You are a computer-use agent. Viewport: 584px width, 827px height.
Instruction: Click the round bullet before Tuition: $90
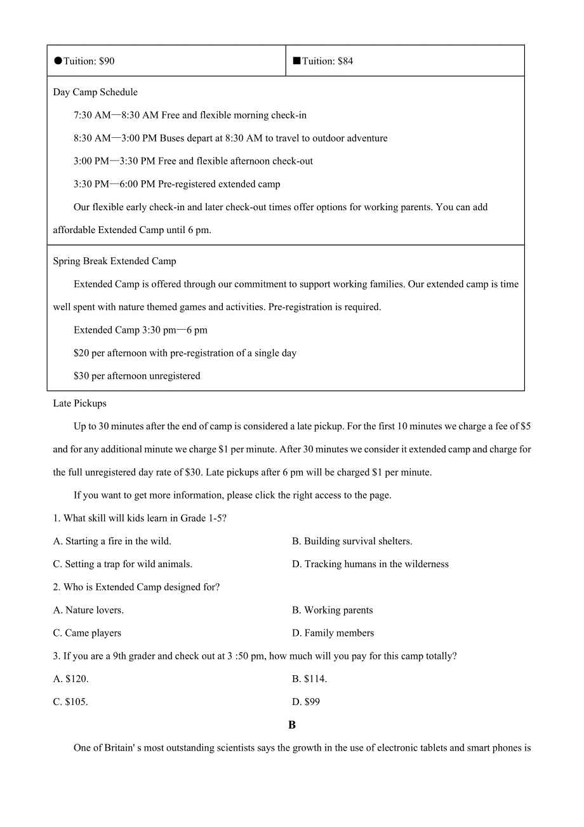58,61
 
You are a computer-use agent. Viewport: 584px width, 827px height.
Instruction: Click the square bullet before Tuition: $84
296,61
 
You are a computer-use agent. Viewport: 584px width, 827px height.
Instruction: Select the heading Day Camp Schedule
95,92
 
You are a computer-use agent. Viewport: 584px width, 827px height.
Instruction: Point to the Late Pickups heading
79,403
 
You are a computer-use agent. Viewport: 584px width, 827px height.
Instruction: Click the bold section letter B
292,725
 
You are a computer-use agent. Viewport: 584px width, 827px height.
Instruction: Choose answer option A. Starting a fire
112,541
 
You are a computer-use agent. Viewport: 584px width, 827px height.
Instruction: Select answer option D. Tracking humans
370,564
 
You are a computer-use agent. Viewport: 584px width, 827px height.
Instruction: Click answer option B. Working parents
332,610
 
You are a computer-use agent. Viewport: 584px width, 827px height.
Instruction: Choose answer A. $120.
70,679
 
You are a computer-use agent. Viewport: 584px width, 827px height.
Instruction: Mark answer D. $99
306,702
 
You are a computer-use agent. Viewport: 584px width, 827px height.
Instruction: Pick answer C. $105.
70,702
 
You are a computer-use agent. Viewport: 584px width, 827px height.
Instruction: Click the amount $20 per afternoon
81,353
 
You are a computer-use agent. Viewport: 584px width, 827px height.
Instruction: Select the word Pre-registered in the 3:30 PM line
187,184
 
